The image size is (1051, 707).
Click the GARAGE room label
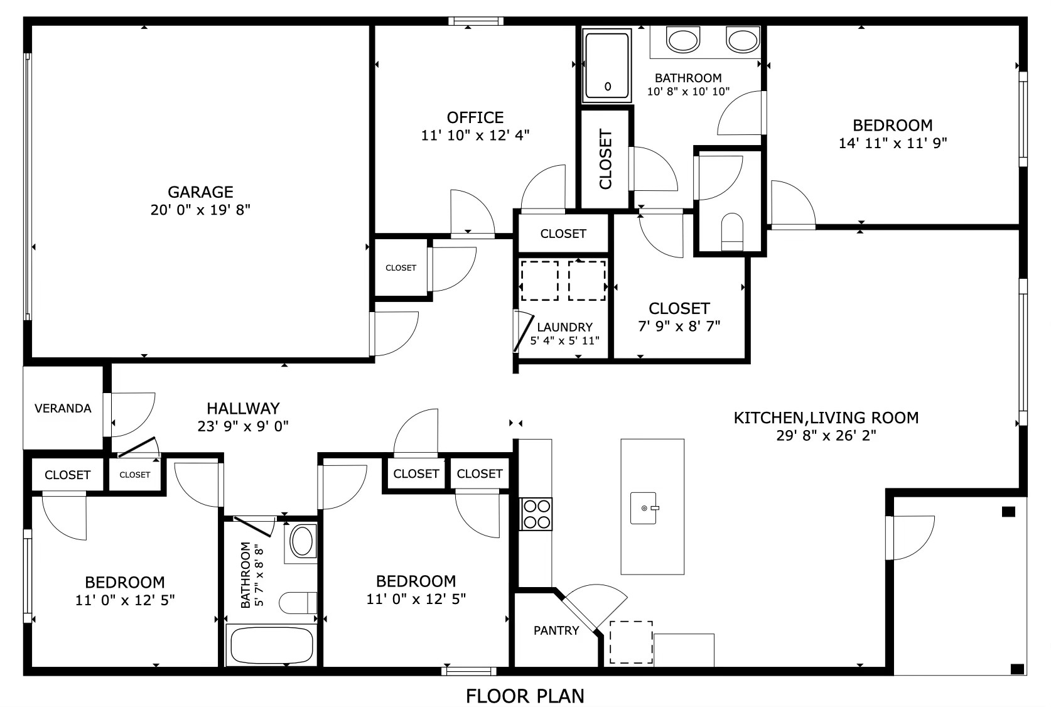click(x=200, y=192)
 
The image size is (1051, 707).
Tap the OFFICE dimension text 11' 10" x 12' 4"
click(x=475, y=135)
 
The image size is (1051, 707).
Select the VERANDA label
click(x=63, y=409)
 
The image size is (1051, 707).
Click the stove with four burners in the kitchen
click(x=536, y=514)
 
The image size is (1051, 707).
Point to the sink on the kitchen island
click(x=644, y=508)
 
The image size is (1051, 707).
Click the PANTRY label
click(x=556, y=630)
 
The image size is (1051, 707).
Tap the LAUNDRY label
click(x=564, y=327)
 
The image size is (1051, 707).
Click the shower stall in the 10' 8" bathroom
click(x=606, y=67)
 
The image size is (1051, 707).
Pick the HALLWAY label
click(x=243, y=409)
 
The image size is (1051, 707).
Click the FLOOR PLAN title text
click(x=525, y=696)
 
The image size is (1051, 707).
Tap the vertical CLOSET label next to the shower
click(x=605, y=159)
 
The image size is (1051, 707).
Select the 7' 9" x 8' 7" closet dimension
click(x=679, y=326)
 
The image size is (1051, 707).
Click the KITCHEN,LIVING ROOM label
click(x=826, y=418)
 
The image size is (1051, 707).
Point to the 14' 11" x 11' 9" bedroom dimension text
click(x=892, y=143)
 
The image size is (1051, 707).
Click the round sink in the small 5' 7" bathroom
click(x=302, y=542)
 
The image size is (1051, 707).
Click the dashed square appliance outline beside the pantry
click(x=630, y=642)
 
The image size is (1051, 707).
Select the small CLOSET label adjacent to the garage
click(x=401, y=267)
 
